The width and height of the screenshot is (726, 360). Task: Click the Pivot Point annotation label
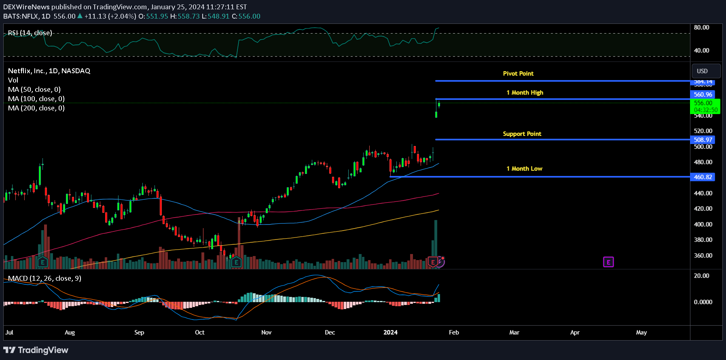(x=518, y=74)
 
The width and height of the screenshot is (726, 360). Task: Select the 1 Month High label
(x=525, y=93)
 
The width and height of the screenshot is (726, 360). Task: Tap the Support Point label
(x=522, y=134)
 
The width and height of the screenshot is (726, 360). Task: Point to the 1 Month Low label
(x=524, y=169)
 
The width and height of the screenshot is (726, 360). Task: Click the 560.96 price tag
(x=703, y=95)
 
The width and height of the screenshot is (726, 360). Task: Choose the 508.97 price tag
(x=703, y=140)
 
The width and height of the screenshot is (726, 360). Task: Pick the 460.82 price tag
(x=703, y=177)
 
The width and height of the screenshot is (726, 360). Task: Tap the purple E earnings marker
(x=608, y=262)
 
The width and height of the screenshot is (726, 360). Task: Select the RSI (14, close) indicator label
(x=30, y=33)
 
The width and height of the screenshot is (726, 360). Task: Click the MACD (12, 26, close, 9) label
(x=44, y=278)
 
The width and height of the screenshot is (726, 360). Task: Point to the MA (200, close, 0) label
(x=36, y=108)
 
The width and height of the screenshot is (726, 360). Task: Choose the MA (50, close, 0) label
(x=34, y=89)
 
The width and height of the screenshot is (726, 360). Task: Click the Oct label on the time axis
(x=199, y=332)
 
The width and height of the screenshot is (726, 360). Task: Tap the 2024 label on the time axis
(x=390, y=332)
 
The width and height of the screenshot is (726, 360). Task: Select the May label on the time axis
(x=641, y=332)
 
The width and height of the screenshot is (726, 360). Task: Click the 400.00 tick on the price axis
(x=703, y=224)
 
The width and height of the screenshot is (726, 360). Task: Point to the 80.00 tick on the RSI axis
(x=701, y=28)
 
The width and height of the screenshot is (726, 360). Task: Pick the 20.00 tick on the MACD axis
(x=701, y=276)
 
